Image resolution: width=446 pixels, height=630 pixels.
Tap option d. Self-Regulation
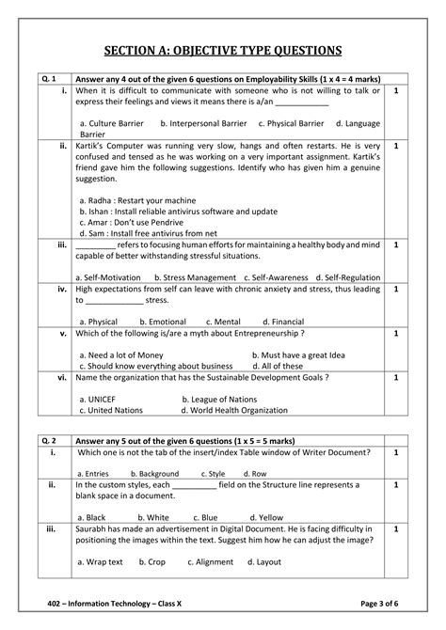pos(348,277)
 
